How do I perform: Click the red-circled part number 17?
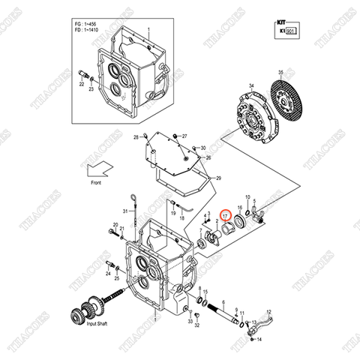point(225,214)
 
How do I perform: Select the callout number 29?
point(217,178)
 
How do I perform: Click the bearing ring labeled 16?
point(243,219)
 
